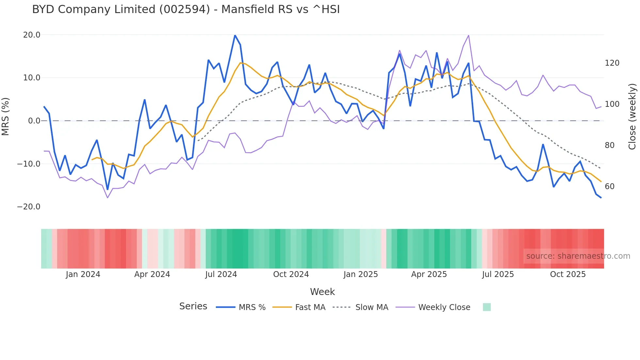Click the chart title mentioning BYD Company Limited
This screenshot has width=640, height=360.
pyautogui.click(x=186, y=9)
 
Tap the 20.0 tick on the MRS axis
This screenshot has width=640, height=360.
pyautogui.click(x=32, y=35)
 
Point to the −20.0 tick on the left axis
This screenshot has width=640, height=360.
pyautogui.click(x=29, y=207)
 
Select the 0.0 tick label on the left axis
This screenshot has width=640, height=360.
pyautogui.click(x=34, y=121)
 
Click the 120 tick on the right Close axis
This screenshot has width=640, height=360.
pyautogui.click(x=612, y=63)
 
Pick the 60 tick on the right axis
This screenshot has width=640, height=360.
pyautogui.click(x=610, y=187)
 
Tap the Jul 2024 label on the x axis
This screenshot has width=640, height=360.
pyautogui.click(x=221, y=274)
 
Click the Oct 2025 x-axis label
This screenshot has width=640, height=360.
pyautogui.click(x=568, y=274)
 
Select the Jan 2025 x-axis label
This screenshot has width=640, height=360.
pyautogui.click(x=360, y=274)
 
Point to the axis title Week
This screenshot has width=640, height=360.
pyautogui.click(x=322, y=292)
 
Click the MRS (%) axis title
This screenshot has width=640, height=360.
pyautogui.click(x=6, y=117)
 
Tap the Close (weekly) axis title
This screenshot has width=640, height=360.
pyautogui.click(x=632, y=117)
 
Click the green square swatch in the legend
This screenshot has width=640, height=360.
pyautogui.click(x=487, y=307)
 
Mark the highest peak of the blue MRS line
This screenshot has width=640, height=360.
pyautogui.click(x=235, y=35)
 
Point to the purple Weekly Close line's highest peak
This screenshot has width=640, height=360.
pyautogui.click(x=469, y=35)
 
